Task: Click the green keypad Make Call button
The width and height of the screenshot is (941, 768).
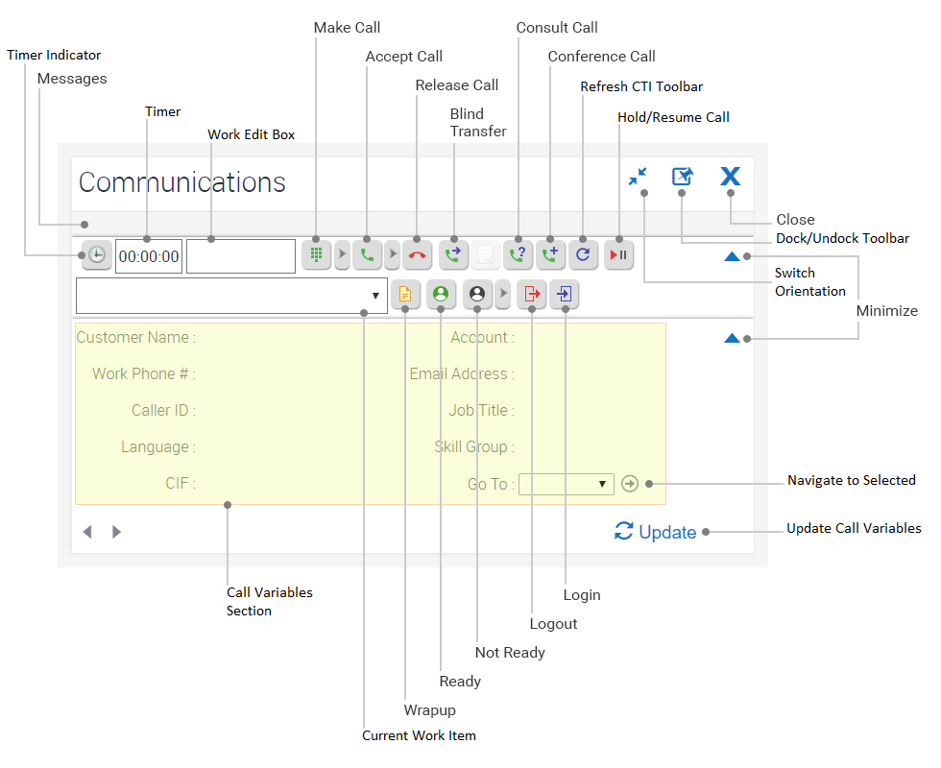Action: (x=316, y=255)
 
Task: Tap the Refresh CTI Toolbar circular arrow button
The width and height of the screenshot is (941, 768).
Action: (x=584, y=255)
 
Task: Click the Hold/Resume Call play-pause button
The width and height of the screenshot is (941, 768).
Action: (x=619, y=255)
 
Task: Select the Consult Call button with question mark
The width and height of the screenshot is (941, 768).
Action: (x=519, y=255)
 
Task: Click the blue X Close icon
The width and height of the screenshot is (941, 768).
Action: (x=731, y=177)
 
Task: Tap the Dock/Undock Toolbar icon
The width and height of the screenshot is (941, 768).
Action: (x=682, y=177)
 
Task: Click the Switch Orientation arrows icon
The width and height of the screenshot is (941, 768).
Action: (x=638, y=177)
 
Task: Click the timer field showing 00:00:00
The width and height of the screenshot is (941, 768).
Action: (x=149, y=256)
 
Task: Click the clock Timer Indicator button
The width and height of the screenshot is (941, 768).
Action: (x=97, y=255)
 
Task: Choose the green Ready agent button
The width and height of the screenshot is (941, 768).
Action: (x=441, y=295)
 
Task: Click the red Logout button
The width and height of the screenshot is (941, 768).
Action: (x=531, y=295)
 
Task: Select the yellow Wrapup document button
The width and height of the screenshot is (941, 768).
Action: (x=405, y=295)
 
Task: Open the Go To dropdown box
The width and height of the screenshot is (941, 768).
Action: (x=566, y=484)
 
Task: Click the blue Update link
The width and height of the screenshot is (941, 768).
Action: (x=657, y=532)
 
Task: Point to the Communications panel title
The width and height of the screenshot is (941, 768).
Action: (x=182, y=182)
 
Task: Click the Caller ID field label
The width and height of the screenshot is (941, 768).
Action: (x=163, y=410)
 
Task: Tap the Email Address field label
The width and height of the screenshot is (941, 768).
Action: (x=462, y=373)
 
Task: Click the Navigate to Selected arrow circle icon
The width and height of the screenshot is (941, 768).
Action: (x=630, y=484)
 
